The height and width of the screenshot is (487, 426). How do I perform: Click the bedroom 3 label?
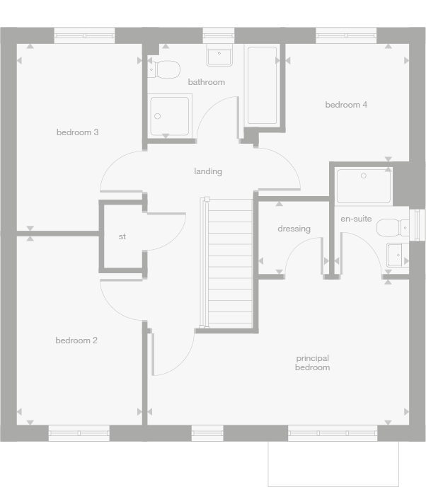(77, 132)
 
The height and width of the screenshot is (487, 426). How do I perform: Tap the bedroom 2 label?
(76, 340)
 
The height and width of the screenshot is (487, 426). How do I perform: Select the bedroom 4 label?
(346, 105)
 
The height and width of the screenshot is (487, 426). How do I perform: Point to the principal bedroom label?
(312, 363)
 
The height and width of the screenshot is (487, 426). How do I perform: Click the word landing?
(208, 171)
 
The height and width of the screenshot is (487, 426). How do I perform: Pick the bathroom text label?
(206, 82)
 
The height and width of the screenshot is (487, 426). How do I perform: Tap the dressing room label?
(294, 229)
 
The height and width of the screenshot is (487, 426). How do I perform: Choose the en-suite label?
(356, 219)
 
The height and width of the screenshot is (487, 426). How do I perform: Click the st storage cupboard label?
(122, 236)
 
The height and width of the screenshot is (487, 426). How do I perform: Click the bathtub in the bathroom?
(262, 86)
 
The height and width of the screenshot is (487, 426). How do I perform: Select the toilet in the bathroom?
(166, 69)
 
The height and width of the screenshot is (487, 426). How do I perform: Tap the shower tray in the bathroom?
(169, 116)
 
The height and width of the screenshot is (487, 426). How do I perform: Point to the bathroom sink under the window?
(220, 56)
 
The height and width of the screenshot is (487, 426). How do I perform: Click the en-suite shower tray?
(364, 186)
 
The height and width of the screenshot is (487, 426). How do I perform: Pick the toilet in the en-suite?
(392, 227)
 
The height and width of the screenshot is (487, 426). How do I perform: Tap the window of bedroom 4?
(346, 35)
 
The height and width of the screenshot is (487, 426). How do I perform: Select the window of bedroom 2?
(79, 433)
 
